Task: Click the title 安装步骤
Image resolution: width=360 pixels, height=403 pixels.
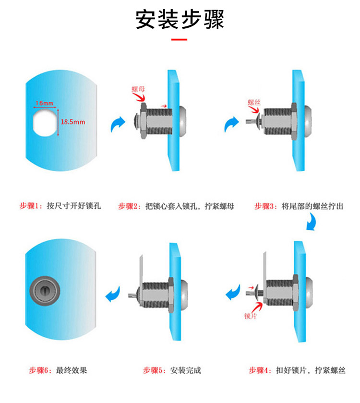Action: tap(180, 20)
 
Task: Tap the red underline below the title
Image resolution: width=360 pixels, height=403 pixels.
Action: tap(179, 39)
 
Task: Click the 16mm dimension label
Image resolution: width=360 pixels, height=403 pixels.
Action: tap(45, 103)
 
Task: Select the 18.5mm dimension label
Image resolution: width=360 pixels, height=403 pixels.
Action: tap(73, 122)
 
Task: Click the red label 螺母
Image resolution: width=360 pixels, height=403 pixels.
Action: tap(138, 89)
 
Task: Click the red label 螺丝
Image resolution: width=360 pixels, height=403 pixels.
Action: tap(254, 102)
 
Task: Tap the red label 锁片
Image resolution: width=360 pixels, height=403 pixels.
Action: tap(251, 316)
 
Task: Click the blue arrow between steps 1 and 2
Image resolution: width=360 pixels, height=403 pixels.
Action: tap(118, 124)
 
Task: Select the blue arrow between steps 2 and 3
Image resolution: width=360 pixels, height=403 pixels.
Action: tap(231, 124)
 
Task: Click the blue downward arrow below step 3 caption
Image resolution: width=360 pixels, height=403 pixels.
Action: tap(312, 223)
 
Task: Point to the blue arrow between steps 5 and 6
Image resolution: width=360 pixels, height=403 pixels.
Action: tap(113, 294)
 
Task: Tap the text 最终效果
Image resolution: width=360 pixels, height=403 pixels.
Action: tap(72, 370)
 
